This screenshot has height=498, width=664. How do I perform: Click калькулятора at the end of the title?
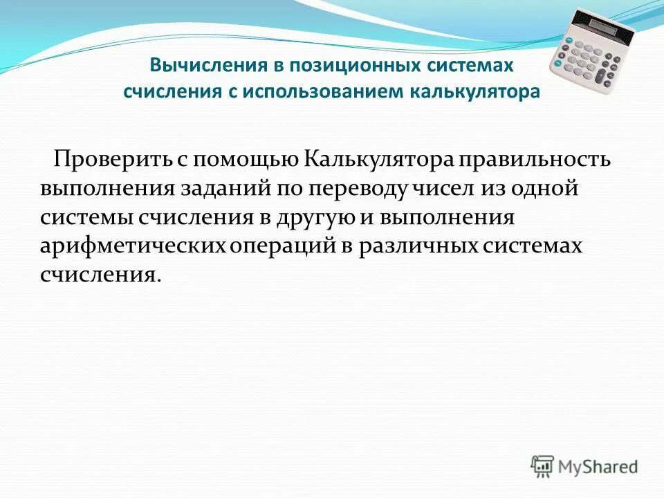click(477, 92)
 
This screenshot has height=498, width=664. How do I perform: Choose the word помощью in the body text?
click(246, 160)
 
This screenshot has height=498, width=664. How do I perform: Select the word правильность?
click(537, 160)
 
